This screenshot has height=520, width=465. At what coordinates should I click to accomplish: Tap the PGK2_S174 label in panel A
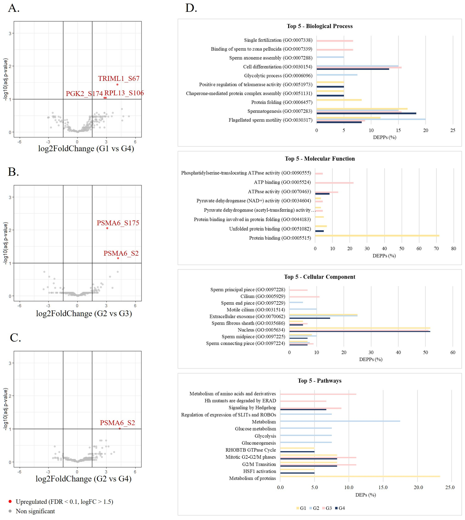click(84, 94)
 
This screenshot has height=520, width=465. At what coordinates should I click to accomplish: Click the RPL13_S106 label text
click(124, 93)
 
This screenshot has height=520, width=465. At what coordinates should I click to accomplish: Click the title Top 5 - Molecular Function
click(320, 159)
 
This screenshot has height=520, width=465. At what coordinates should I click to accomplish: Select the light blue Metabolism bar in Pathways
click(340, 421)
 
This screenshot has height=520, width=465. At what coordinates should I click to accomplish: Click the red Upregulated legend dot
click(10, 502)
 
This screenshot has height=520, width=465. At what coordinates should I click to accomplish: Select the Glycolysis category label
click(265, 436)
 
